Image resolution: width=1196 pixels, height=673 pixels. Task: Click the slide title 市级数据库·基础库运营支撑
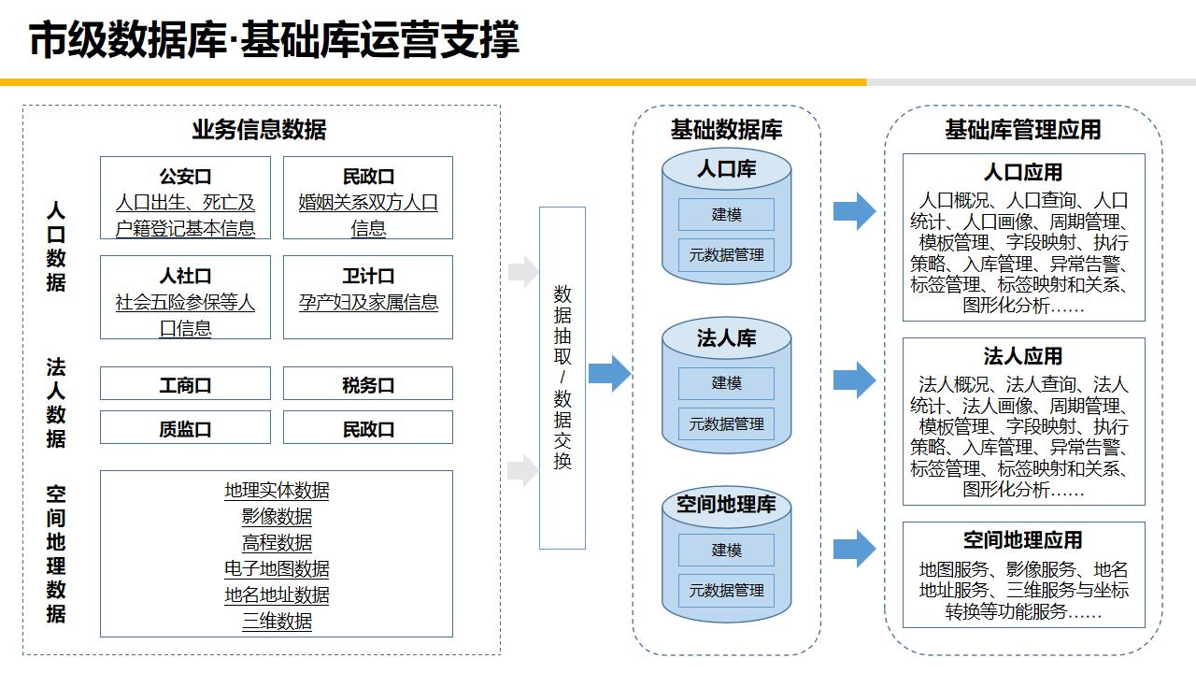click(x=274, y=41)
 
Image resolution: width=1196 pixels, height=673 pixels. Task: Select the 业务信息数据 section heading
click(x=259, y=130)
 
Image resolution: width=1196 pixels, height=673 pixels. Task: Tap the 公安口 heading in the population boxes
click(x=185, y=177)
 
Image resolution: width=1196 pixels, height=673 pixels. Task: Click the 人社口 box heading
click(x=185, y=276)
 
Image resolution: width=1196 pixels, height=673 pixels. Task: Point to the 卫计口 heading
click(x=368, y=276)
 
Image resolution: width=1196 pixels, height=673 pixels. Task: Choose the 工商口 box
click(x=185, y=384)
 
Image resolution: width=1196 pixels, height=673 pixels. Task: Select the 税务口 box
click(x=368, y=384)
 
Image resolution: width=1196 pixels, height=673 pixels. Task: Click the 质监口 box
click(x=185, y=428)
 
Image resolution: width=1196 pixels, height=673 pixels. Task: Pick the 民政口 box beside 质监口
click(x=368, y=428)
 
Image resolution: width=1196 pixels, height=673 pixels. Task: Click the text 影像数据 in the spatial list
click(x=277, y=517)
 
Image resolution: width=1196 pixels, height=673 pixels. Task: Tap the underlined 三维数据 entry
click(x=277, y=622)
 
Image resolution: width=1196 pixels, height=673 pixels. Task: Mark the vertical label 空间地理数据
click(x=56, y=553)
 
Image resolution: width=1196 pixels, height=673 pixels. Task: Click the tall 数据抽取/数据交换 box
click(x=562, y=378)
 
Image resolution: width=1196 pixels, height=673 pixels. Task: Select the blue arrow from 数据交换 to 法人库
click(x=609, y=374)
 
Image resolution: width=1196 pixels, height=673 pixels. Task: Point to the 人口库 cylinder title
click(x=726, y=169)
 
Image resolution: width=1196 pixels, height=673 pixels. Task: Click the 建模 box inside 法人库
click(x=726, y=383)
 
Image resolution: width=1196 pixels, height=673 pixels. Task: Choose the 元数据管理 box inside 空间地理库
click(x=726, y=591)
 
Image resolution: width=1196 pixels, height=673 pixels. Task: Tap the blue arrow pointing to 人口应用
click(x=854, y=211)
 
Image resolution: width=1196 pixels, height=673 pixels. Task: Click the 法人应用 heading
click(x=1023, y=356)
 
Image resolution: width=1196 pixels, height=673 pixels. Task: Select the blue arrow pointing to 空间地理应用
click(x=854, y=548)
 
